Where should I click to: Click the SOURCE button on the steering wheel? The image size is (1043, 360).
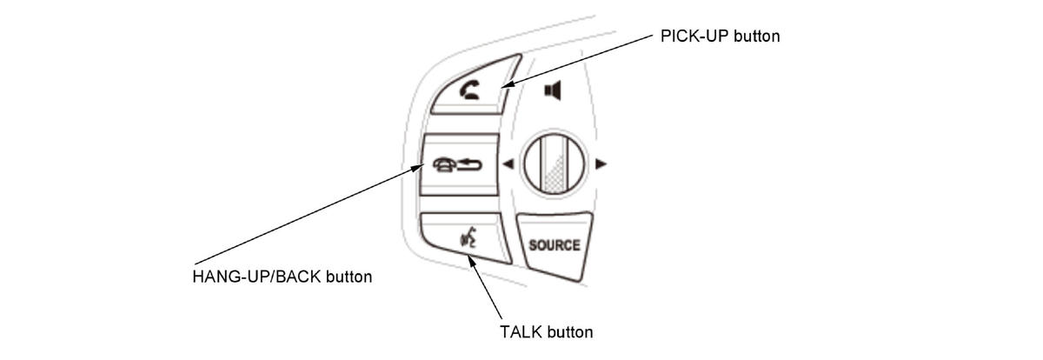[x=554, y=244]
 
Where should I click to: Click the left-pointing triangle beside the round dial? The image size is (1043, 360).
[x=508, y=163]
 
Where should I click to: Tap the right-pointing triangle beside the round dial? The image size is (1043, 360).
[x=601, y=163]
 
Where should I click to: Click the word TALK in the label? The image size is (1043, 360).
[x=520, y=332]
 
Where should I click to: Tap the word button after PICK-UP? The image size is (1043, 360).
[x=756, y=37]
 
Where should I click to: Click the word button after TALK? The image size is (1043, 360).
[x=569, y=332]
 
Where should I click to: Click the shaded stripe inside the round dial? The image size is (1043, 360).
[x=549, y=165]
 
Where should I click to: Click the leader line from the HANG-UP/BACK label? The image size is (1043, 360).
[x=304, y=217]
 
